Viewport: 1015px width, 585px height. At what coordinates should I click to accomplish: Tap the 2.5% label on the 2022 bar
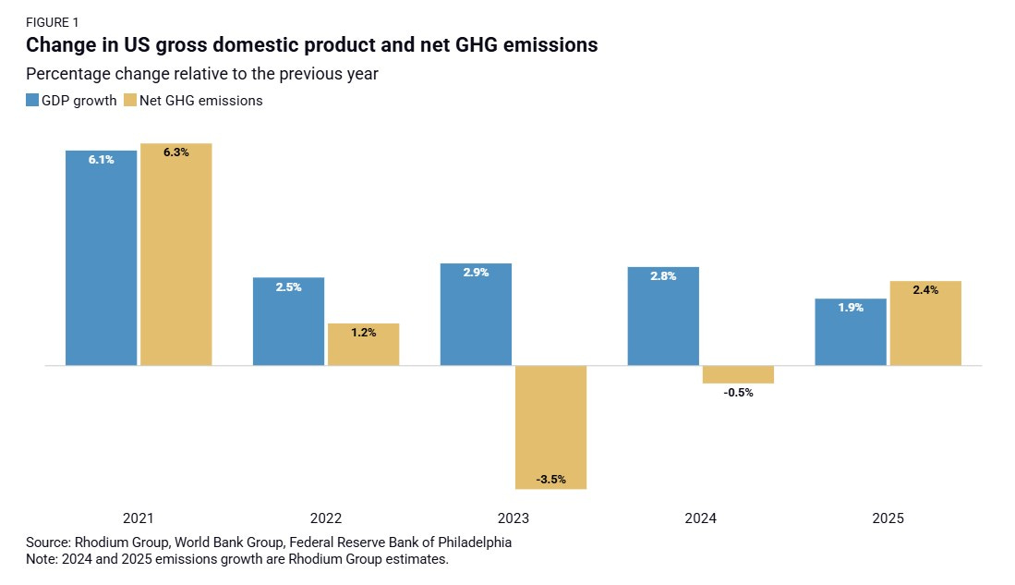(288, 287)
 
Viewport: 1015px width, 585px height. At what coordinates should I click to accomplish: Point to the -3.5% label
(550, 480)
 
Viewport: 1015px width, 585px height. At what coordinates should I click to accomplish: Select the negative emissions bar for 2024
(738, 373)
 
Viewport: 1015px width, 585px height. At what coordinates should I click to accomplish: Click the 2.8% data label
(663, 276)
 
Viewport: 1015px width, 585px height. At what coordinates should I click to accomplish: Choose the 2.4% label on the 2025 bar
(925, 290)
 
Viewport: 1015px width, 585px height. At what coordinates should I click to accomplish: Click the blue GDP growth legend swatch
(32, 101)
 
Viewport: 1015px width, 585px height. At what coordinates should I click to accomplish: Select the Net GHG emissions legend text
(200, 101)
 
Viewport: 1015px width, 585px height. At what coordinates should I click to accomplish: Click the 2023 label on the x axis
(513, 519)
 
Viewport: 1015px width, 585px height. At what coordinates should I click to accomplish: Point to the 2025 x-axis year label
(888, 519)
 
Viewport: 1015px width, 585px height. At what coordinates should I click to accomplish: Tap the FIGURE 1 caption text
(53, 22)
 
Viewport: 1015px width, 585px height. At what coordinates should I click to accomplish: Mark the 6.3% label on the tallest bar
(175, 152)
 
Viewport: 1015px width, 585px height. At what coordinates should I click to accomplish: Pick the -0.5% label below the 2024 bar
(738, 393)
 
